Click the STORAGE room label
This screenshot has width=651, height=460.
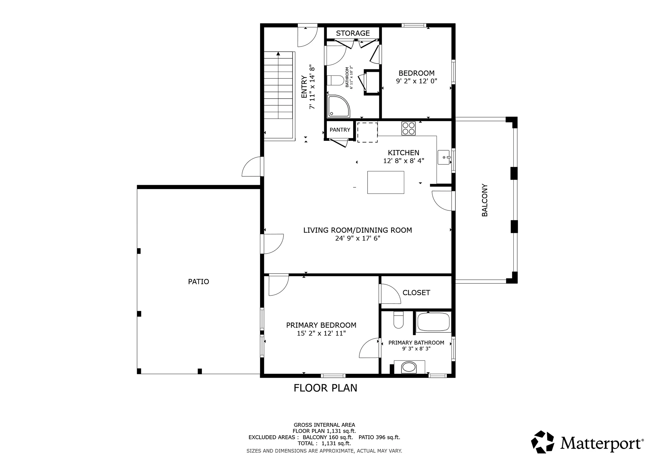353,33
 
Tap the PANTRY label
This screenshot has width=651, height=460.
340,130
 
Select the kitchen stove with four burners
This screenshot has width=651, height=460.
409,128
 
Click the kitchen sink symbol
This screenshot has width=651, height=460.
444,157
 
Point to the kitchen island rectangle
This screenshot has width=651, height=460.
386,183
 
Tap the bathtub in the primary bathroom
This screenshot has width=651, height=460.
434,321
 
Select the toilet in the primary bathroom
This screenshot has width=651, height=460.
398,320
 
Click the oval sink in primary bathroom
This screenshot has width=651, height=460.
409,368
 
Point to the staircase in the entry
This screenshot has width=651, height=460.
279,96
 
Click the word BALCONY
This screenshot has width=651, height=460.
485,200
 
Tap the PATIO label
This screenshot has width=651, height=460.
199,282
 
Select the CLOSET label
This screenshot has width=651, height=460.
416,293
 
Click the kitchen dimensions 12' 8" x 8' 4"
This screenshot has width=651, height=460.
404,161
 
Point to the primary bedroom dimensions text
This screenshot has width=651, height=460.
321,333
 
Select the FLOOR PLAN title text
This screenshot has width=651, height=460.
325,388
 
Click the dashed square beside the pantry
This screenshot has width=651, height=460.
367,132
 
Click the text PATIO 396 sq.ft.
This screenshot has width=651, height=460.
379,437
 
